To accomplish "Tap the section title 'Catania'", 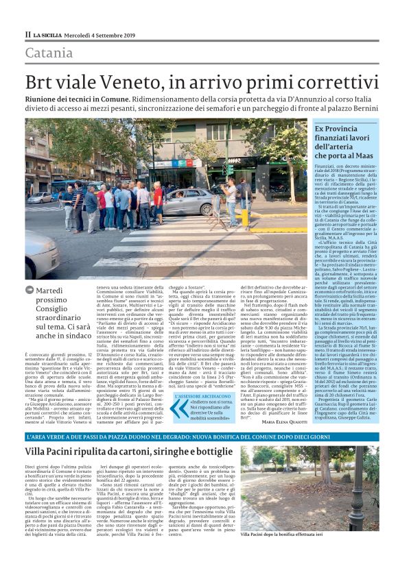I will point(49,52).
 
